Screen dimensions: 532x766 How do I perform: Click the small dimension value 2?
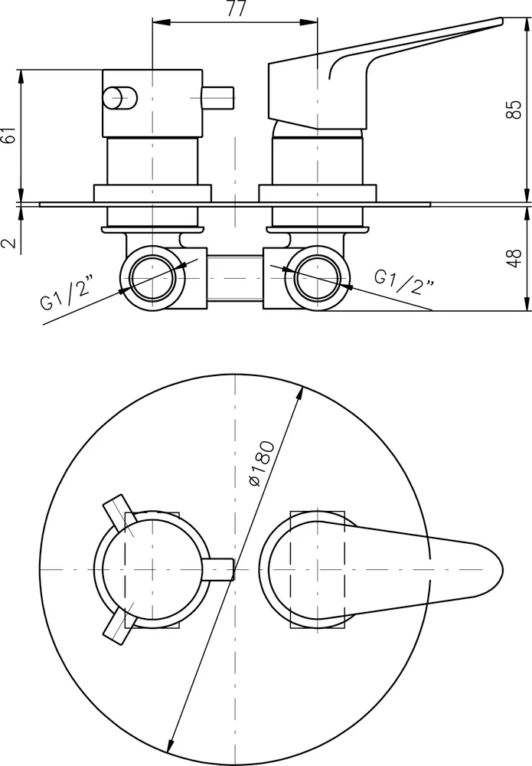[x=10, y=243]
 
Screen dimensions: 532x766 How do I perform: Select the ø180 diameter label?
[x=261, y=464]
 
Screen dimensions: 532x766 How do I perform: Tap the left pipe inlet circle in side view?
[x=153, y=277]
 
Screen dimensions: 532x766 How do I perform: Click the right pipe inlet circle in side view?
[x=318, y=277]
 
